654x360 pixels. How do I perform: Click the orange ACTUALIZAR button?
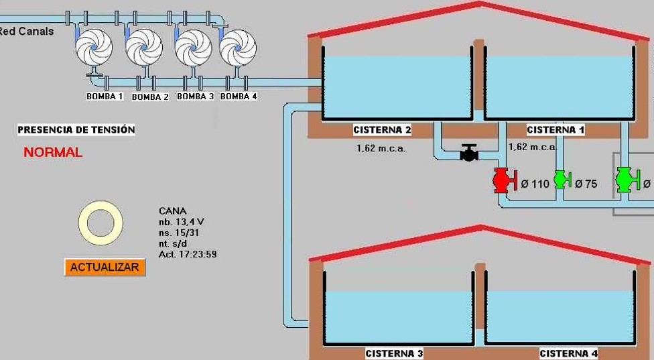(x=105, y=267)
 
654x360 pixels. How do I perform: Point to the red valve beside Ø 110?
(x=502, y=180)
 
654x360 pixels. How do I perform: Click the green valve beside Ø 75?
(x=561, y=180)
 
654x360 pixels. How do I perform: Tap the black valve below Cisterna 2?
(x=469, y=154)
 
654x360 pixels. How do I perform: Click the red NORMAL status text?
(x=53, y=153)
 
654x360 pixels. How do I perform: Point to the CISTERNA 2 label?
(x=382, y=130)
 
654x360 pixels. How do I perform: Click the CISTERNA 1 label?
(x=555, y=130)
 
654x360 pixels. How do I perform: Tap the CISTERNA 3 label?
(x=394, y=353)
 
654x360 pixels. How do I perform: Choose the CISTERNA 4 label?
(x=568, y=353)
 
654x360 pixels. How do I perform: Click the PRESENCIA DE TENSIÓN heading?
(x=76, y=130)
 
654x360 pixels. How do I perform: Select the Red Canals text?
(x=27, y=32)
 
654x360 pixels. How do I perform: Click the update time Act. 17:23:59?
(x=188, y=255)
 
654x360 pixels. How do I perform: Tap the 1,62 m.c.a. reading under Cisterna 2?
(x=381, y=148)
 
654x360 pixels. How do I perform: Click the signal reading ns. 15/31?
(x=179, y=233)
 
